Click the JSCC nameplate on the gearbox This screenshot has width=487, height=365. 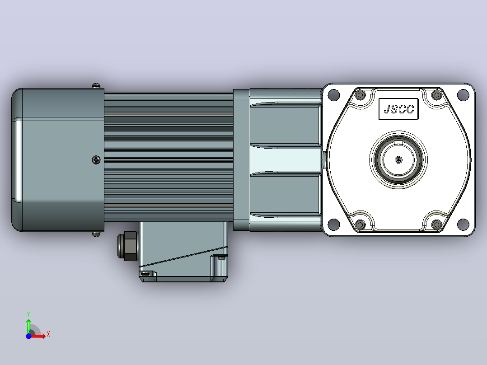(x=398, y=109)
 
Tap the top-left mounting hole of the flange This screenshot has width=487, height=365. (x=333, y=95)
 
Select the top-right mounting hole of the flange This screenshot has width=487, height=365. (x=463, y=95)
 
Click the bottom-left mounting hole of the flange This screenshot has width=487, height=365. (x=333, y=224)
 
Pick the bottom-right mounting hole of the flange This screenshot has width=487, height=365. (x=463, y=224)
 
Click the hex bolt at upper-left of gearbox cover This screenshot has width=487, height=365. (x=361, y=95)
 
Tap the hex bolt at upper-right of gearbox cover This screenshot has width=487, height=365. (x=437, y=95)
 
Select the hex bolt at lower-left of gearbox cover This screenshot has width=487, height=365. (x=361, y=224)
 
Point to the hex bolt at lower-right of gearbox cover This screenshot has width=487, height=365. (x=437, y=224)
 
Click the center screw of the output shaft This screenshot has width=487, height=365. (x=398, y=160)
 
